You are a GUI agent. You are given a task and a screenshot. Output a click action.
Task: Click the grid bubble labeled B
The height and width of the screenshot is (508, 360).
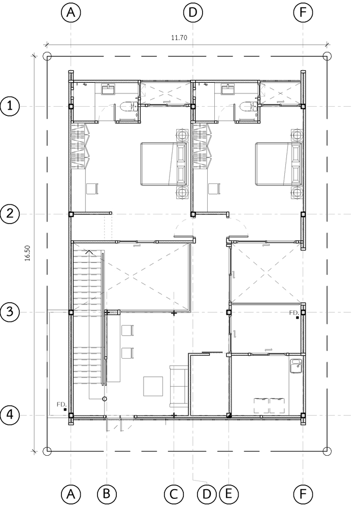click(x=106, y=493)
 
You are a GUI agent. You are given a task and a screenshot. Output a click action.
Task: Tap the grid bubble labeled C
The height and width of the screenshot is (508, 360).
click(x=174, y=493)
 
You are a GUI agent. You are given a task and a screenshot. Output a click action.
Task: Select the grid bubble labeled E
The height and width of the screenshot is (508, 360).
click(x=228, y=493)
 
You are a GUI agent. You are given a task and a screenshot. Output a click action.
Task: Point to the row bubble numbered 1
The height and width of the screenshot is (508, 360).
click(x=10, y=106)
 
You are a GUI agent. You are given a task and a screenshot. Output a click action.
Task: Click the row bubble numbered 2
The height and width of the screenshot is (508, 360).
click(x=10, y=214)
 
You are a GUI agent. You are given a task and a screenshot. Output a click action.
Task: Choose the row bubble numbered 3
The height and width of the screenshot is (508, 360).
click(x=10, y=312)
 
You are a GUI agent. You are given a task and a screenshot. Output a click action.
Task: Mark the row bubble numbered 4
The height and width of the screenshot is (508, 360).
click(x=10, y=415)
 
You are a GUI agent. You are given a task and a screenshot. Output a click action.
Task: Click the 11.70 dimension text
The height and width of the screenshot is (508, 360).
click(x=179, y=38)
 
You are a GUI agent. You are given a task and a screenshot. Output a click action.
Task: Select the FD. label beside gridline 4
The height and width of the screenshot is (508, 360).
click(x=62, y=405)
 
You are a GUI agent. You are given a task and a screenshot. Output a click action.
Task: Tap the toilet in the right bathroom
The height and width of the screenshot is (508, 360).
click(x=248, y=107)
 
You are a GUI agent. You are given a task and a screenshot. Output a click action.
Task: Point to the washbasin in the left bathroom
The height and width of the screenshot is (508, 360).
click(x=109, y=89)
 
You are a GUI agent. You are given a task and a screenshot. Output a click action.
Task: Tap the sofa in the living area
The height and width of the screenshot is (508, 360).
click(x=179, y=386)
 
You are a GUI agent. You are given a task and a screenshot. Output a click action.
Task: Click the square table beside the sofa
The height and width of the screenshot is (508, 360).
click(x=153, y=386)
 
